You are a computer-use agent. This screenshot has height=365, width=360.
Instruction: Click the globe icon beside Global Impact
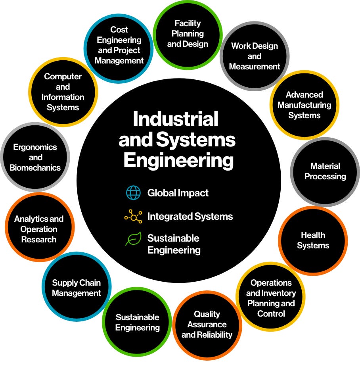133,193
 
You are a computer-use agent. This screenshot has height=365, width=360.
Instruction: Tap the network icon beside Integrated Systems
133,216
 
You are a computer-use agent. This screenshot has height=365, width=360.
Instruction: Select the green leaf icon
133,239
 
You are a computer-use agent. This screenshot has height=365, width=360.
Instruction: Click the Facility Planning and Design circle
188,34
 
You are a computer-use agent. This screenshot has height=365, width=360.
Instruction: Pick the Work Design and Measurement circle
255,56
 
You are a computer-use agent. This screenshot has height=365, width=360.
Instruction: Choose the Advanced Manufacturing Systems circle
304,105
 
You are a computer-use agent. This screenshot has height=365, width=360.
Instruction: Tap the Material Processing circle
325,171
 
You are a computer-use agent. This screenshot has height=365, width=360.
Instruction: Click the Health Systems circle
313,240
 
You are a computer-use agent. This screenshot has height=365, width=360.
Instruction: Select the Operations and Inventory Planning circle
271,298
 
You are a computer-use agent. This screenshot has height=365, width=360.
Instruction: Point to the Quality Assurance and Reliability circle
207,325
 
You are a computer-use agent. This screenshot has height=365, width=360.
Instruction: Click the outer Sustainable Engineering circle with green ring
137,323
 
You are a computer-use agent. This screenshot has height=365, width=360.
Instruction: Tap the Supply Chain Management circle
77,288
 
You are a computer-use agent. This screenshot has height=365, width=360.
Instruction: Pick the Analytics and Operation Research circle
39,229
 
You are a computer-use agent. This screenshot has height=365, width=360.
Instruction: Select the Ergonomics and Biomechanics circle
35,158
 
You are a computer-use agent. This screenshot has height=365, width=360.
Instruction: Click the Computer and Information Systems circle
63,92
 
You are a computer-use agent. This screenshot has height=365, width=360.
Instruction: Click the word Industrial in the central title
176,119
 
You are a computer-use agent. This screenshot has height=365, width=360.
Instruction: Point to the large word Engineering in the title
178,161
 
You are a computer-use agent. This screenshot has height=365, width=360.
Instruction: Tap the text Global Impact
178,193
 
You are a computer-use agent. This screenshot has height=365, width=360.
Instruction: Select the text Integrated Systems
190,216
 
